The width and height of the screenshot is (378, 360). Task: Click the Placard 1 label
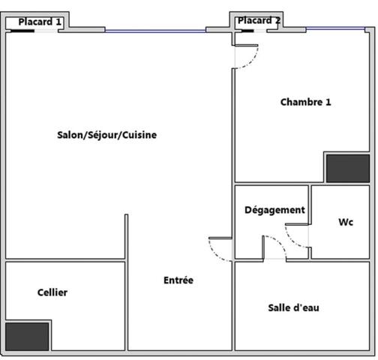[40, 22]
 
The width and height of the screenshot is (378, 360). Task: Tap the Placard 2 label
[258, 20]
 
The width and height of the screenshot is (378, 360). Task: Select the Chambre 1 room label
[305, 102]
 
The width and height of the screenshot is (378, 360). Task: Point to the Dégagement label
[274, 210]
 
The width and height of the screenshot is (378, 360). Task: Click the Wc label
[346, 223]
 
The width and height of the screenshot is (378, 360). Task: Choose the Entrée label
[178, 280]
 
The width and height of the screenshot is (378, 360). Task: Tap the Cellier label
[52, 292]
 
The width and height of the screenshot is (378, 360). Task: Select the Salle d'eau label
[293, 307]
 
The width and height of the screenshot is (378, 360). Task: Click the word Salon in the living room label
[70, 135]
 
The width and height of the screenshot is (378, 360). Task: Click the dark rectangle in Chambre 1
[347, 169]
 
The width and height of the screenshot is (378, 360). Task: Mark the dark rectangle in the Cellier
[27, 336]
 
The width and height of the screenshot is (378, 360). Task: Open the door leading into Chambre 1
[245, 55]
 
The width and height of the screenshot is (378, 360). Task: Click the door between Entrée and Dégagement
[221, 249]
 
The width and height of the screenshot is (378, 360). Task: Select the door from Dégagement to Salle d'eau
[274, 247]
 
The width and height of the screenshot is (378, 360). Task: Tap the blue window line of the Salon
[155, 31]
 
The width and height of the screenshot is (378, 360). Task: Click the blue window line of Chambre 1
[337, 29]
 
